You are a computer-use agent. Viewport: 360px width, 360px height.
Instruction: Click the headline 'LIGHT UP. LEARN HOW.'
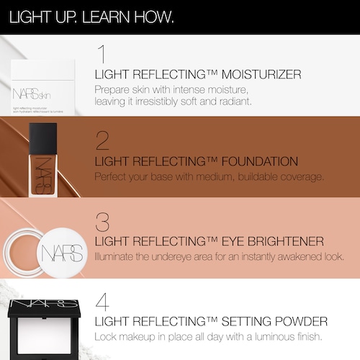(x=91, y=17)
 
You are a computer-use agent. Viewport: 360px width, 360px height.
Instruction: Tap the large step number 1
(x=102, y=54)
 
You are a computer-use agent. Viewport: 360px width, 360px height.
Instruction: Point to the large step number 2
(x=102, y=140)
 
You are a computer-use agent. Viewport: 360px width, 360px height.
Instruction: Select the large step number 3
(x=102, y=222)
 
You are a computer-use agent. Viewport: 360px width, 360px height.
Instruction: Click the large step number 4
(x=102, y=302)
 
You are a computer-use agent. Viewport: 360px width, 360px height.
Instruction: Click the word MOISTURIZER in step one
(x=261, y=74)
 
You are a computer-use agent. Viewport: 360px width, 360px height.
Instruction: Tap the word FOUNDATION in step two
(x=260, y=161)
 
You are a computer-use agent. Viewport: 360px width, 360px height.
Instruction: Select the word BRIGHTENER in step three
(x=286, y=241)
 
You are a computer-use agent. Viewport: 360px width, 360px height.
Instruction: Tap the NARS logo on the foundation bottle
(x=43, y=176)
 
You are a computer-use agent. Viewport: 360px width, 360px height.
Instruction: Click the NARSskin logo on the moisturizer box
(x=32, y=94)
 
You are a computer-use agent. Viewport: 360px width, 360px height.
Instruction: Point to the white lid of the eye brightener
(x=62, y=253)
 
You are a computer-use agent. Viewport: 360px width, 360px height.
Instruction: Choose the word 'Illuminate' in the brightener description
(x=114, y=257)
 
